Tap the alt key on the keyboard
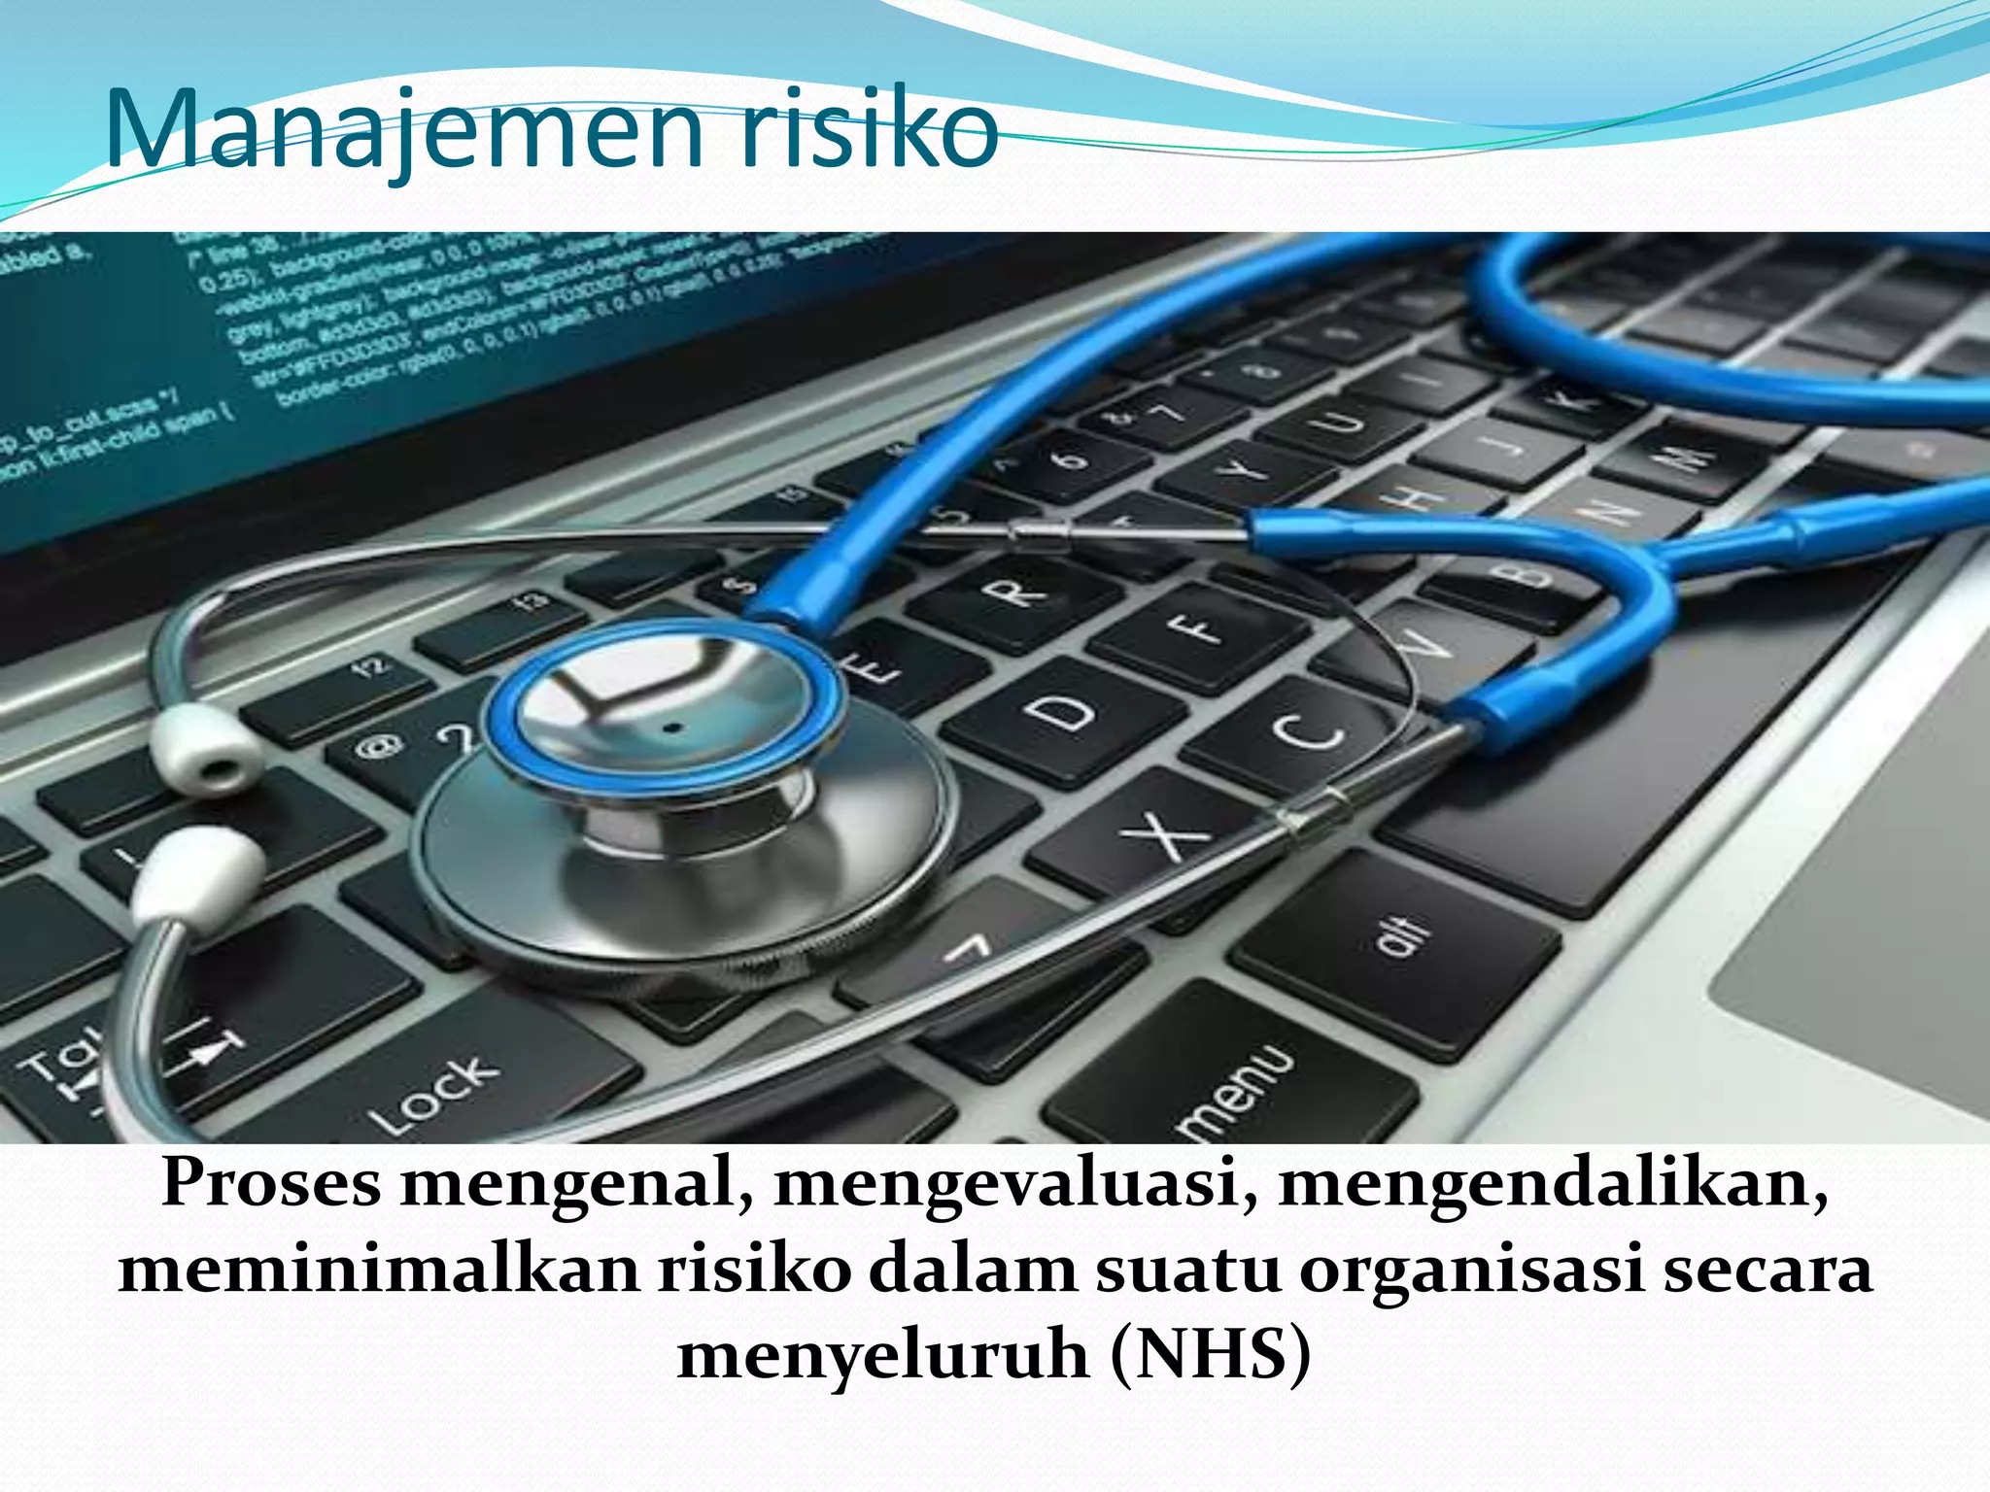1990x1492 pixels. (1399, 937)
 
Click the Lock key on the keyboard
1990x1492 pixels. (437, 1093)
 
